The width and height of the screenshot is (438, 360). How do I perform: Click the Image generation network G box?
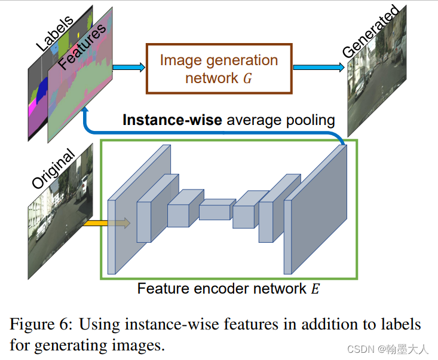pyautogui.click(x=219, y=68)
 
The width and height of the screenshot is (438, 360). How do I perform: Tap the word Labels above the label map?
pyautogui.click(x=54, y=33)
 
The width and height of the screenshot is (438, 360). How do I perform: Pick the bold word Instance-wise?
pyautogui.click(x=172, y=120)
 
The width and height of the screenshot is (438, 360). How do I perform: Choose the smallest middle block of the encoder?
pyautogui.click(x=215, y=210)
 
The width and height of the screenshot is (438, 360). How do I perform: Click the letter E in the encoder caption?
pyautogui.click(x=315, y=289)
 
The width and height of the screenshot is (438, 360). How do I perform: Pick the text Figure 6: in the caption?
pyautogui.click(x=41, y=325)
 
